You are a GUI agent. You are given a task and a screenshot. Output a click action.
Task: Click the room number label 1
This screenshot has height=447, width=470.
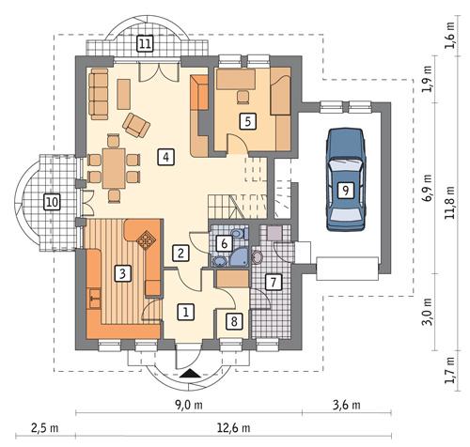tap(186, 312)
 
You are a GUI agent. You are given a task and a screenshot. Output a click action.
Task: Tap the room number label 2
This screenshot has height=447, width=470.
tap(180, 252)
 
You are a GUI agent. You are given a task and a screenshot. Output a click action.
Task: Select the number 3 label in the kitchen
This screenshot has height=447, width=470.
tap(121, 274)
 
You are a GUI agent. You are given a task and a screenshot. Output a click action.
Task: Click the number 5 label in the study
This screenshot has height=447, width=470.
tap(246, 120)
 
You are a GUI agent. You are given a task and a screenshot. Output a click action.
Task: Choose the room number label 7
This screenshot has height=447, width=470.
tap(272, 281)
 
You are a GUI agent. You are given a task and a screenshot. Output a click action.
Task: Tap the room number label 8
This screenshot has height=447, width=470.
tap(234, 321)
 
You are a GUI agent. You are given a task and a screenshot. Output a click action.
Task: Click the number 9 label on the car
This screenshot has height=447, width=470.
tap(346, 190)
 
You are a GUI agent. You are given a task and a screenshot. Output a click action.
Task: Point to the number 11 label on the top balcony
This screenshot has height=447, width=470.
tap(144, 42)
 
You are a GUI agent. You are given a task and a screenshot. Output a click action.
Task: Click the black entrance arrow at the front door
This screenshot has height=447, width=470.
tap(192, 375)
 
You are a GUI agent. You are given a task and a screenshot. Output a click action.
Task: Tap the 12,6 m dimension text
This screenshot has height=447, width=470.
tap(231, 428)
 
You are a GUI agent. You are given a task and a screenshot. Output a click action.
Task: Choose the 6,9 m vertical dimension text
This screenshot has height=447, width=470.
tap(429, 188)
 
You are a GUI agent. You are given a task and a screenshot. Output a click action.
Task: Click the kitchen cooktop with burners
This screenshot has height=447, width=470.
tap(147, 240)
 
